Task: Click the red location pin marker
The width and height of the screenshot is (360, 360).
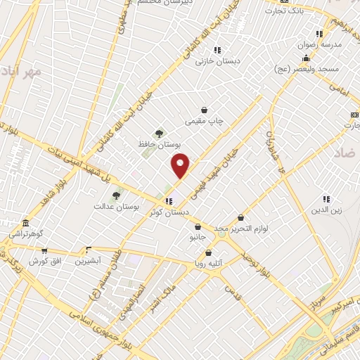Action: tap(181, 166)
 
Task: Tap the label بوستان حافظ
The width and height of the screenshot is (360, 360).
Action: tap(157, 146)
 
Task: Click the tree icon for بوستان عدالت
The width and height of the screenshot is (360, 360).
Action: tap(116, 195)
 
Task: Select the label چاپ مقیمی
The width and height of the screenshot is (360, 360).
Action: tap(204, 121)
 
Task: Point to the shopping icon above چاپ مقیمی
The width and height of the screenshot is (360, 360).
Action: tap(204, 110)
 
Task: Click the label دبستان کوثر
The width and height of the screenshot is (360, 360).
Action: tap(169, 212)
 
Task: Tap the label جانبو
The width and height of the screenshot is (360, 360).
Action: tap(198, 238)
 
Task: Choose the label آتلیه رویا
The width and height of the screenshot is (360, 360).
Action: tap(209, 264)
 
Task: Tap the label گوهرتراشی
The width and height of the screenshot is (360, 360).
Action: tap(25, 233)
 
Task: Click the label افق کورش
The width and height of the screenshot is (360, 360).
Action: tap(44, 261)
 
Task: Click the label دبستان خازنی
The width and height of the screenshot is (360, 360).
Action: tap(217, 61)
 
